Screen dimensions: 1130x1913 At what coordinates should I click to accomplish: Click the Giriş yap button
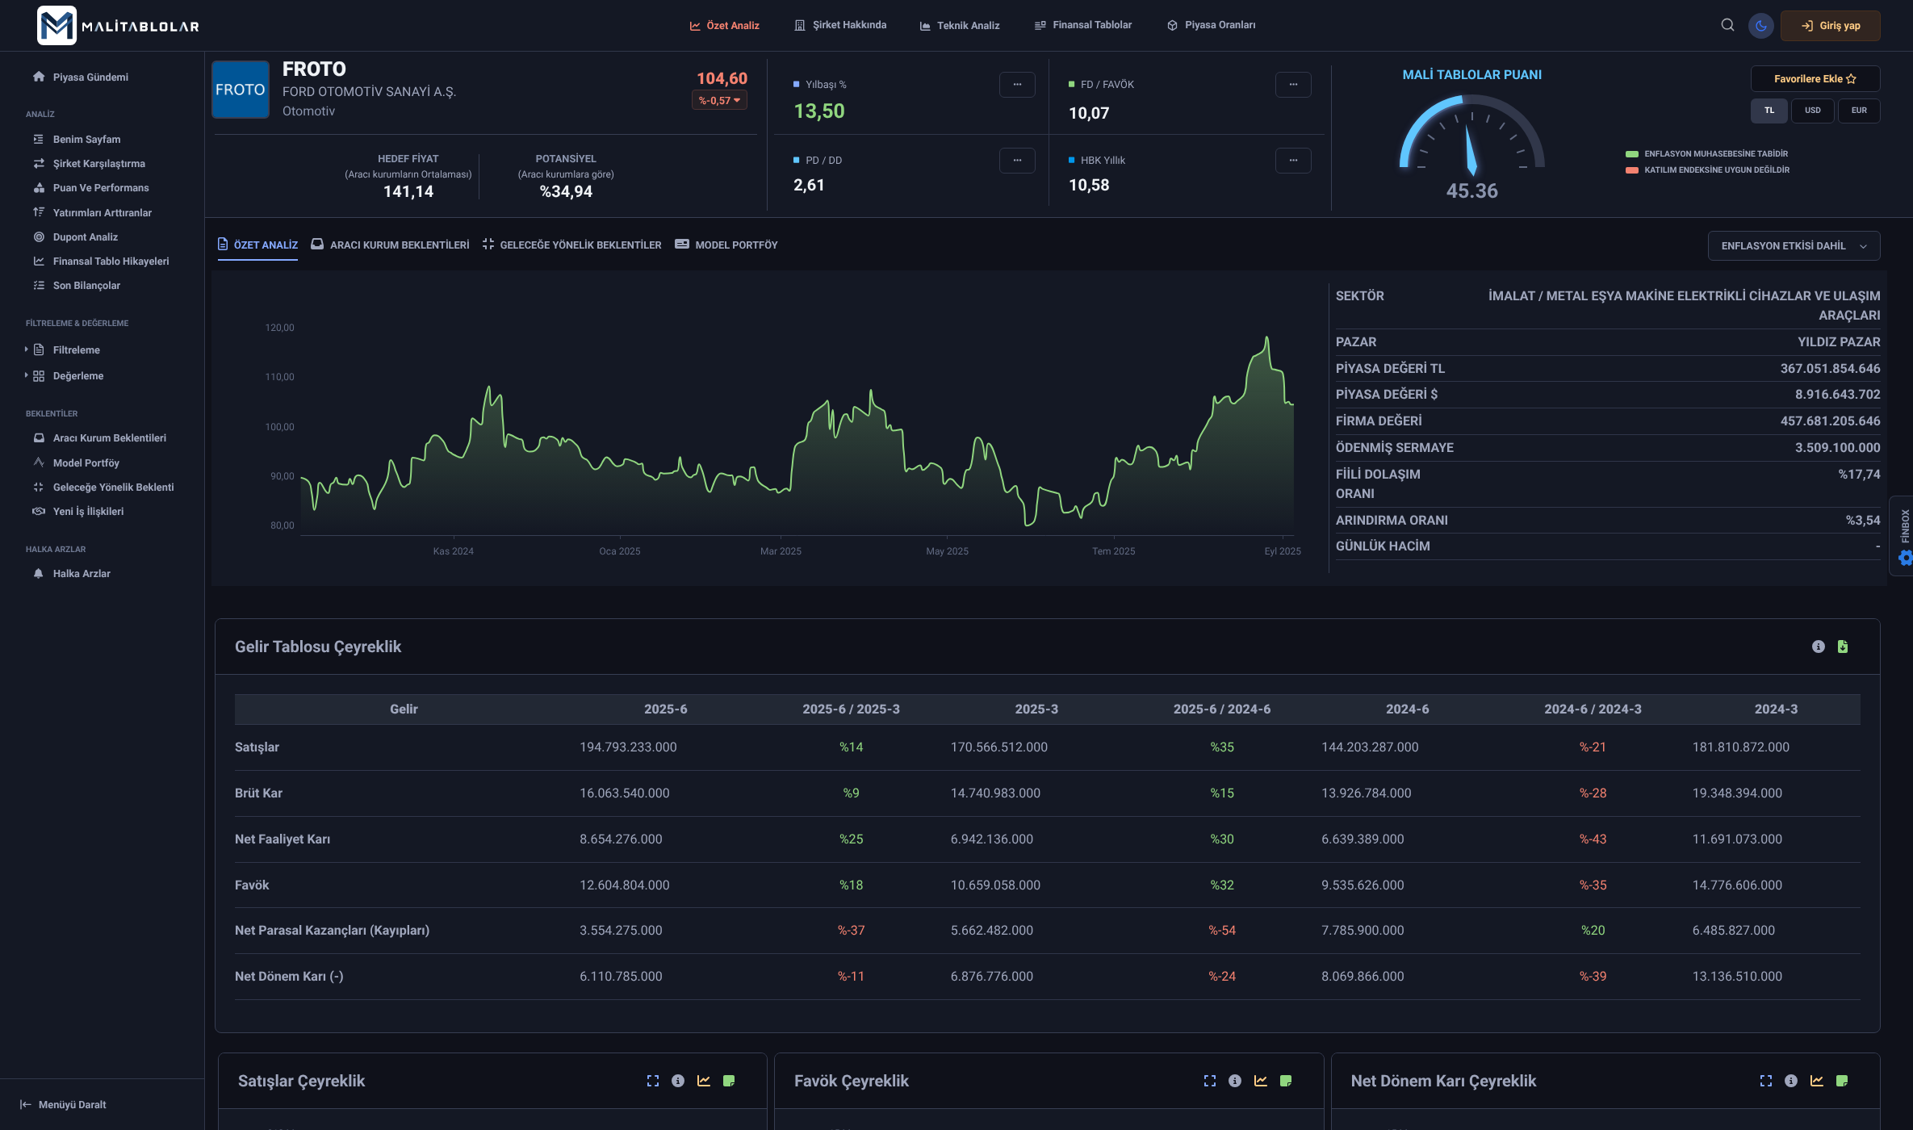click(x=1830, y=26)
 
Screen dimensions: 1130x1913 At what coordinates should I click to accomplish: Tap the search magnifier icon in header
click(x=1727, y=25)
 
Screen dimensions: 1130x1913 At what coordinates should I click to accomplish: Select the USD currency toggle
click(x=1812, y=111)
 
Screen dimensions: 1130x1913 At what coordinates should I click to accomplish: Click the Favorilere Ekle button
click(x=1815, y=79)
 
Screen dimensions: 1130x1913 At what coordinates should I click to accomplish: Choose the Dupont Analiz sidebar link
click(x=85, y=237)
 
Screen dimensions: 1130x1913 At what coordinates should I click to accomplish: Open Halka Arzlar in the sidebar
click(x=81, y=574)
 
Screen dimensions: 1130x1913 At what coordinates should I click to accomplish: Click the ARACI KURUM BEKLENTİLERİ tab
click(x=399, y=245)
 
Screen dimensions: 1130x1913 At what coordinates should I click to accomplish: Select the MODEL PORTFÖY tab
click(x=735, y=245)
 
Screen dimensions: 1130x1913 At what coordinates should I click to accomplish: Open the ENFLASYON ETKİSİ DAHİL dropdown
click(x=1793, y=246)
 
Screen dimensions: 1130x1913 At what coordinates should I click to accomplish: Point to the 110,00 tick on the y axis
click(x=280, y=377)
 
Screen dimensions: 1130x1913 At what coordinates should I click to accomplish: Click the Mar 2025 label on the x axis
click(x=781, y=551)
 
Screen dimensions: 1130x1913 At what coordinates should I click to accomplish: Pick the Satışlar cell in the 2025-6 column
click(x=628, y=747)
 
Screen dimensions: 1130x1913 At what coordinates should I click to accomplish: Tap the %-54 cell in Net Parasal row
click(x=1221, y=931)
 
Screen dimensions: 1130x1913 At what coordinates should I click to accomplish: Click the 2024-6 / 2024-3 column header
click(x=1592, y=709)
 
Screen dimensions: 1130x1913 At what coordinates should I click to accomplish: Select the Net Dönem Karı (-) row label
click(x=289, y=977)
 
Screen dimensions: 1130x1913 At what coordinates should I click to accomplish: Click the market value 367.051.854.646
click(x=1830, y=369)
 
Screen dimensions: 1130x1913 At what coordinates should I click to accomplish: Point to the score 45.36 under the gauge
click(x=1471, y=191)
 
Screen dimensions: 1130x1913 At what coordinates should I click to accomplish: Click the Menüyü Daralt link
click(x=72, y=1105)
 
